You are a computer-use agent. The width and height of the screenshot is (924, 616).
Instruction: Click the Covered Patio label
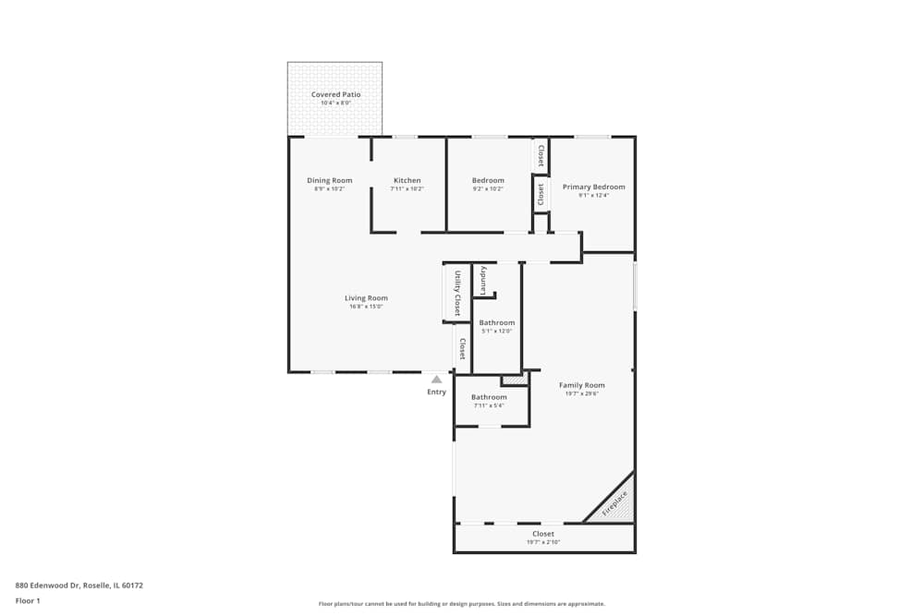point(335,94)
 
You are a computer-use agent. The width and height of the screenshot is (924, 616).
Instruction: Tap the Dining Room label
point(330,180)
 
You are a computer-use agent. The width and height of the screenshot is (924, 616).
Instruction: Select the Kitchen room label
point(407,180)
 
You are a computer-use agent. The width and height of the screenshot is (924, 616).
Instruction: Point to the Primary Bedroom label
point(594,187)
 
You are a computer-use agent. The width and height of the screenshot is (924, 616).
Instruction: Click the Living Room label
point(366,297)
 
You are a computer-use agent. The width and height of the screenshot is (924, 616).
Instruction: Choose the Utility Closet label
point(456,293)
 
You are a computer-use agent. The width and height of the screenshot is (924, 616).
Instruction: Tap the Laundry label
point(482,281)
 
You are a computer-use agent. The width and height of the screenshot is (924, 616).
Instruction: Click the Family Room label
point(582,385)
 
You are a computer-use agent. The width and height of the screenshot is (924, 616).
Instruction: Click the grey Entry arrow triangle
point(437,379)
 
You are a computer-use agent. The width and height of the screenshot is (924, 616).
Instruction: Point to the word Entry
point(437,392)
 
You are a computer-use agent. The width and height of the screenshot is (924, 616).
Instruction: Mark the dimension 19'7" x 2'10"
point(543,542)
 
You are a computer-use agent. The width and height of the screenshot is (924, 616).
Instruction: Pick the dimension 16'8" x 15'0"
point(366,307)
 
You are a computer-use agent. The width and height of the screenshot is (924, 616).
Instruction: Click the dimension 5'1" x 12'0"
point(497,332)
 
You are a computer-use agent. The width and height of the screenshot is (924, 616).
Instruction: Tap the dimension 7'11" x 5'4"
point(489,405)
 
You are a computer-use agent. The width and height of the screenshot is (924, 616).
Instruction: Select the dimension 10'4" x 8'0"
point(335,103)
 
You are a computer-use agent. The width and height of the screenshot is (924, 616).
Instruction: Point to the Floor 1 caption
point(28,600)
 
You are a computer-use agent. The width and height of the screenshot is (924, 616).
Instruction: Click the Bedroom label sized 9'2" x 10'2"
point(488,180)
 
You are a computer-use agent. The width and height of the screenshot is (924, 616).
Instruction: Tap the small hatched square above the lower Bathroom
point(514,380)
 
